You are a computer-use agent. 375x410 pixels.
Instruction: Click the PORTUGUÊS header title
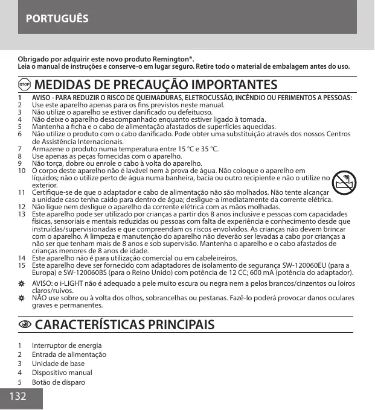click(x=57, y=18)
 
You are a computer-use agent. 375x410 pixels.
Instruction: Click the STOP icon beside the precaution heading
click(x=25, y=84)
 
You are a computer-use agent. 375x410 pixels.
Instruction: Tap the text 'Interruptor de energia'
click(x=66, y=346)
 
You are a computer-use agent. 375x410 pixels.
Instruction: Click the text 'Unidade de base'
click(x=58, y=364)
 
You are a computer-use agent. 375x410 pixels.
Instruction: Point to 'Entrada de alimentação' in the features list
click(x=69, y=355)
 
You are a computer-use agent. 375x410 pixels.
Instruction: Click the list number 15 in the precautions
click(x=21, y=265)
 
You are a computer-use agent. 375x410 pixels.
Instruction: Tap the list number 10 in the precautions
click(x=21, y=171)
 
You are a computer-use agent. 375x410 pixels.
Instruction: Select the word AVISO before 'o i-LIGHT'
click(x=42, y=283)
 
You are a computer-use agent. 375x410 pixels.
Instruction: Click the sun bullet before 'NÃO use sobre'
click(x=21, y=298)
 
